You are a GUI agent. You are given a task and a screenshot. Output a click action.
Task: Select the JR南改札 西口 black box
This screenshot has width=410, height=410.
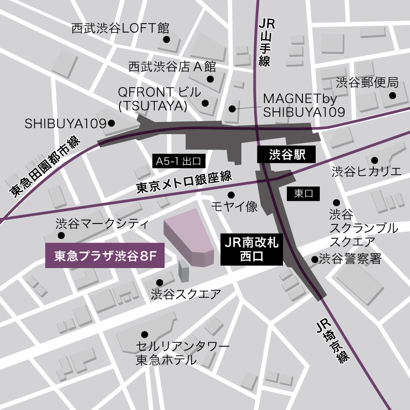point(252,250)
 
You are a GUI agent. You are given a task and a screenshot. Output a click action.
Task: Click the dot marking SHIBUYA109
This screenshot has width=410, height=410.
point(112,124)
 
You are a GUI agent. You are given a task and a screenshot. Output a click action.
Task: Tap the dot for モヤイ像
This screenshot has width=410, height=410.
point(231,194)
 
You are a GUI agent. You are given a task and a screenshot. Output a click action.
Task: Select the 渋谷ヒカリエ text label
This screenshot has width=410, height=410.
point(366,172)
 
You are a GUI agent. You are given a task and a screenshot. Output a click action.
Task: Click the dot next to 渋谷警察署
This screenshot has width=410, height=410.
point(314,259)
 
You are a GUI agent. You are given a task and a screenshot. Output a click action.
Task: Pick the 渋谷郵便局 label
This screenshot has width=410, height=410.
point(367,82)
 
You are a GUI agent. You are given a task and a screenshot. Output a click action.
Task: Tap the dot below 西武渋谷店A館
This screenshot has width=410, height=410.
point(210,79)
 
